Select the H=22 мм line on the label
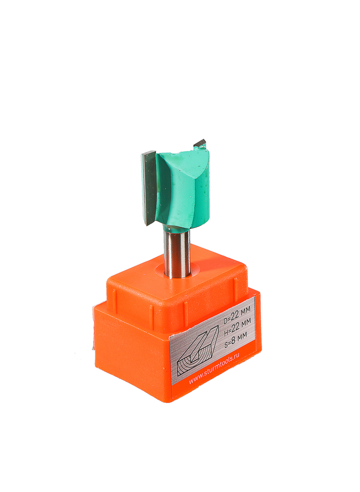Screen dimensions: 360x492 click(238, 326)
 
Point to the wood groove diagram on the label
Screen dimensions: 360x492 click(198, 350)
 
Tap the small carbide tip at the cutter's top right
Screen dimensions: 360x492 click(200, 143)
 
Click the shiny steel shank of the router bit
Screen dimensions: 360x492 click(177, 252)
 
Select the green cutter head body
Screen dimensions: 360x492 click(183, 188)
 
